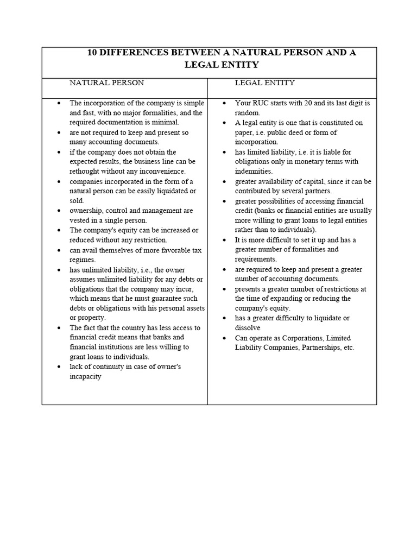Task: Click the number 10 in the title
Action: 93,53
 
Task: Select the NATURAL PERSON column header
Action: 106,83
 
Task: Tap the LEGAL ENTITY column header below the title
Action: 264,83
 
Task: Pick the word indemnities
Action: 254,171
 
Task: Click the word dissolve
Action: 248,328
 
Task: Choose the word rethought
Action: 86,172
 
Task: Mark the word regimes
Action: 83,260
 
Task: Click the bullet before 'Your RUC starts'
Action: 223,103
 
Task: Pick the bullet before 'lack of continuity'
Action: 58,367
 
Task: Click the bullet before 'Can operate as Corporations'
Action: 223,338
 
